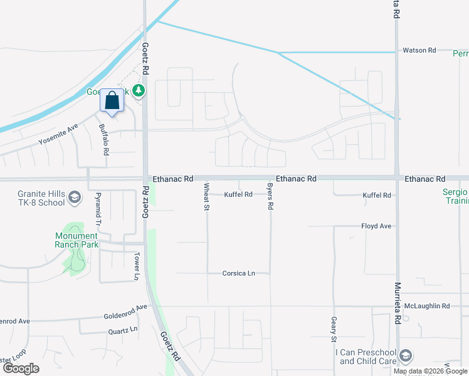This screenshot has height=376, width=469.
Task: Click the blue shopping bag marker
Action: (x=112, y=101)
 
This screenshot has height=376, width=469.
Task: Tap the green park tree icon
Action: (x=139, y=91)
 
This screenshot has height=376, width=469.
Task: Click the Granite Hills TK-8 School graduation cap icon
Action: (x=75, y=199)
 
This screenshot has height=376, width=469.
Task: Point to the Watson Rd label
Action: (x=419, y=50)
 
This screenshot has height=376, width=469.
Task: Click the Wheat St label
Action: (x=206, y=196)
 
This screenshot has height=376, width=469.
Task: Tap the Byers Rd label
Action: (x=270, y=197)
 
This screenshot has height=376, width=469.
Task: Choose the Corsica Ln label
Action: (x=239, y=273)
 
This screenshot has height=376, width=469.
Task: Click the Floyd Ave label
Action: (x=376, y=226)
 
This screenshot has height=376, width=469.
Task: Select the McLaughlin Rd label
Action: (x=427, y=306)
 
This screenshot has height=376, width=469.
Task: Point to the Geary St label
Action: (x=333, y=329)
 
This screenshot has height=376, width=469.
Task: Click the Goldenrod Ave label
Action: (x=125, y=307)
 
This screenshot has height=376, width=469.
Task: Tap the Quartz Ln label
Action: (x=122, y=330)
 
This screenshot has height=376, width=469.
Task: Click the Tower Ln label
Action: (x=136, y=266)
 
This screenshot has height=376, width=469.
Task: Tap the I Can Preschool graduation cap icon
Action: (x=406, y=356)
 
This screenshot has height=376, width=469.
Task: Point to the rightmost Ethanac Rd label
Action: (x=424, y=179)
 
